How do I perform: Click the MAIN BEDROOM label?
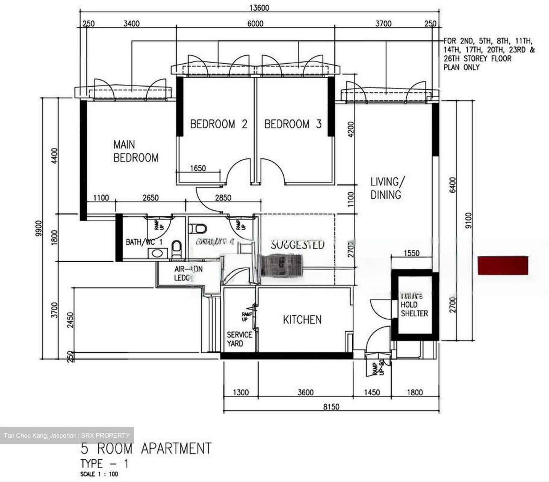[136, 151]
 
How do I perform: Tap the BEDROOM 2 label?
[218, 124]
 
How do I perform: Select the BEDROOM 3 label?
[293, 124]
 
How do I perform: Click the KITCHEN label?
[302, 320]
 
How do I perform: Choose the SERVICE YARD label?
[239, 339]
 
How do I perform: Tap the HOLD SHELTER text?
[414, 309]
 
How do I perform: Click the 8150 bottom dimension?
[331, 407]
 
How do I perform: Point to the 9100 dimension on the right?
[469, 220]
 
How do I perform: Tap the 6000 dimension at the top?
[255, 24]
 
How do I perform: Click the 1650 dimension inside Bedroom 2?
[197, 168]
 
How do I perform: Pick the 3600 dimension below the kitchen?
[305, 392]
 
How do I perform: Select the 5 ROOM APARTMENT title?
[146, 448]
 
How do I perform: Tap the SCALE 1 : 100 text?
[99, 474]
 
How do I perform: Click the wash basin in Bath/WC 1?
[157, 253]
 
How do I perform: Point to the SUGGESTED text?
[297, 244]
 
